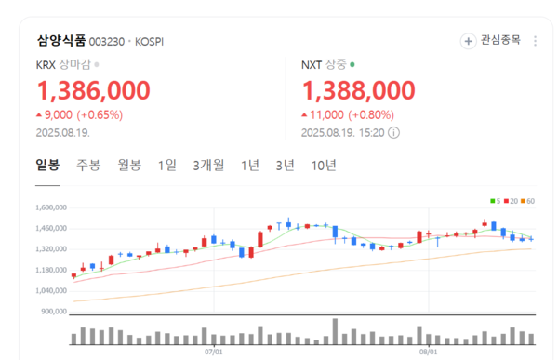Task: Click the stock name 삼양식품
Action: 61,42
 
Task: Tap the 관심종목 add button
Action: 493,41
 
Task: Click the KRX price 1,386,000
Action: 93,90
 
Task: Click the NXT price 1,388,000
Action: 358,90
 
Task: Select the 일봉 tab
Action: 47,166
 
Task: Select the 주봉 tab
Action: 88,166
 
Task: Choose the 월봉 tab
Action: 129,166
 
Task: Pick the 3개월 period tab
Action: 208,166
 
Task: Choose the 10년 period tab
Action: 325,166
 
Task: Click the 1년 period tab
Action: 249,166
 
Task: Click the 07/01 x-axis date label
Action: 214,353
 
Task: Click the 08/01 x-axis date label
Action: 427,353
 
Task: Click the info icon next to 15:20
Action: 394,132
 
